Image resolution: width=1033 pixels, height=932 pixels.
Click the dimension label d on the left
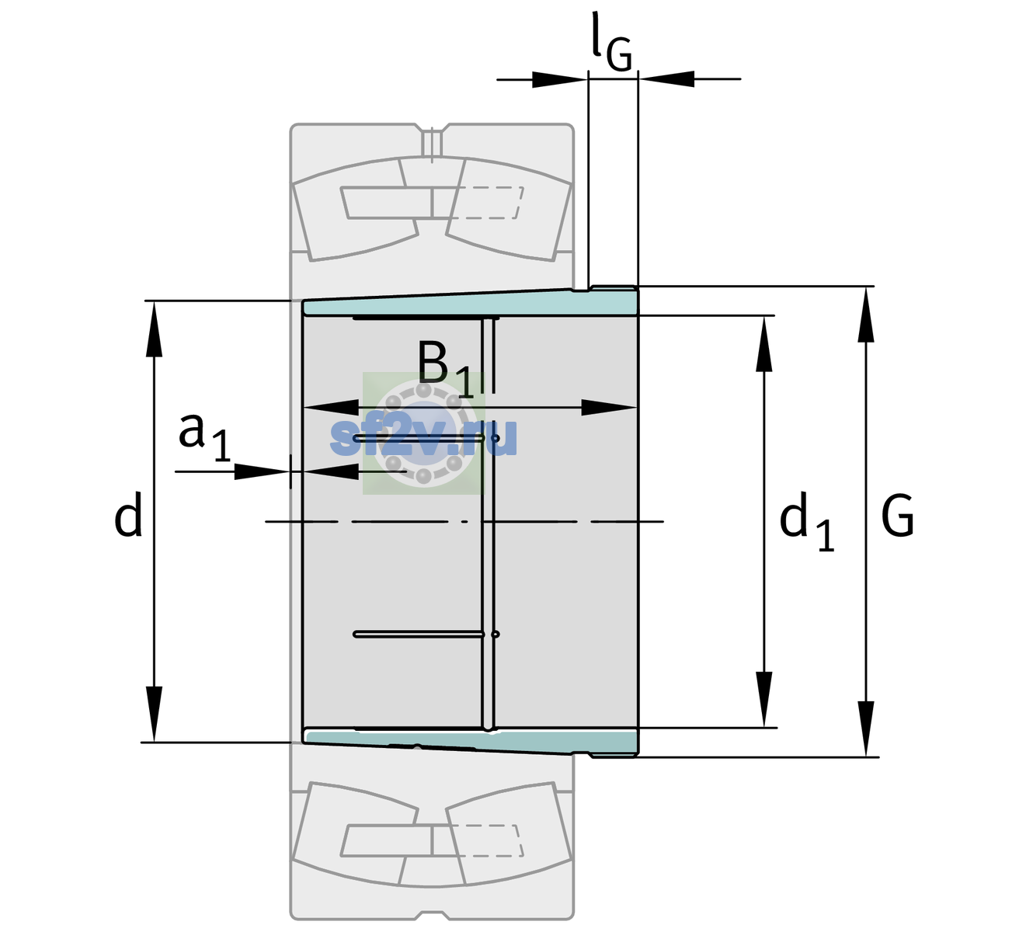point(127,514)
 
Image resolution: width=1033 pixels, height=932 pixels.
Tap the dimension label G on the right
point(897,516)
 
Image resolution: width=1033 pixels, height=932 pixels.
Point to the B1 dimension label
point(445,369)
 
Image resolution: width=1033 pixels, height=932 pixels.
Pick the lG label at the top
point(611,42)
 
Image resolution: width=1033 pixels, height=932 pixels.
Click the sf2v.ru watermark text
point(423,436)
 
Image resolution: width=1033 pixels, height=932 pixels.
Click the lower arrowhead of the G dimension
point(866,728)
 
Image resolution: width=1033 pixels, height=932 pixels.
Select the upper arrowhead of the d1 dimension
point(763,343)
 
